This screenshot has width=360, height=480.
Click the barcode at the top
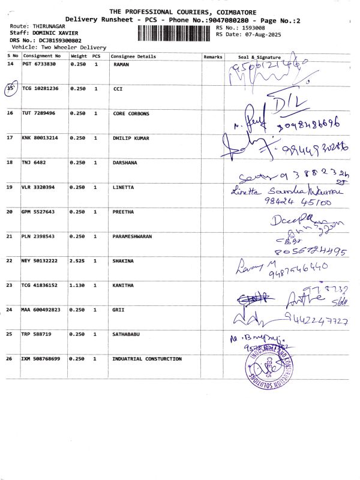point(175,32)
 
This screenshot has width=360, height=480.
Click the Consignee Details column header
point(133,56)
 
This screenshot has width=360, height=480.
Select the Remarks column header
point(212,56)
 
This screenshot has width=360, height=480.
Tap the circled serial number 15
point(10,88)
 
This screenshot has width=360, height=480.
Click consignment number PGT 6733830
point(39,64)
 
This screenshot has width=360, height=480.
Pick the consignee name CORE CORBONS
point(131,113)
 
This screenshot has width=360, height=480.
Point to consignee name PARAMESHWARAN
point(132,236)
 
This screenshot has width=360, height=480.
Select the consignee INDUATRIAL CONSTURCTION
point(147,359)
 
